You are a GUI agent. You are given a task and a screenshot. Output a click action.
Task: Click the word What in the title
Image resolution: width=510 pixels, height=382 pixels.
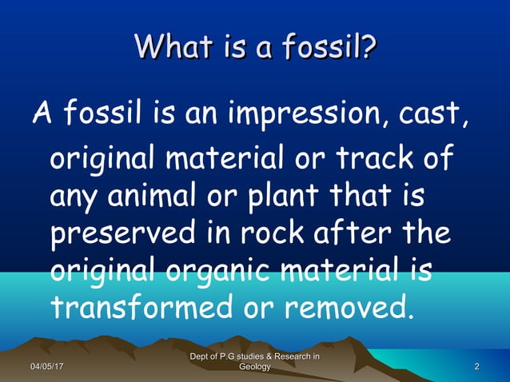click(173, 46)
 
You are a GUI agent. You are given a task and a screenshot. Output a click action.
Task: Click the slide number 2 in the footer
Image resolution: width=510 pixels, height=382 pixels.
click(477, 367)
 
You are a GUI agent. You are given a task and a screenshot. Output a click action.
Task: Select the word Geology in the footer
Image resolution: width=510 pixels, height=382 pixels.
click(254, 367)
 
